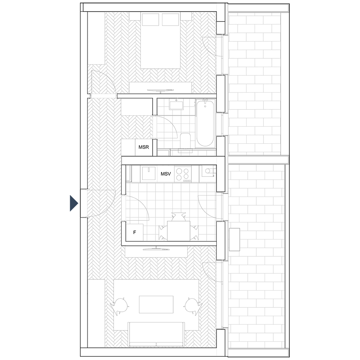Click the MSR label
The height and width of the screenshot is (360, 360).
tap(144, 147)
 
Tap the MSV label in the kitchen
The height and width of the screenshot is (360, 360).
tap(166, 174)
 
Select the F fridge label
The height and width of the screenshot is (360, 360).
tap(135, 233)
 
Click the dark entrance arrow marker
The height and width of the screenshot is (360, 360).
tap(74, 203)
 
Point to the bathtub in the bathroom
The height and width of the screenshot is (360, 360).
tap(205, 123)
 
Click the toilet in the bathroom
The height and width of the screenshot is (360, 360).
tap(185, 140)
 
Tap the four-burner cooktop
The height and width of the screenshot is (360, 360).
tap(183, 174)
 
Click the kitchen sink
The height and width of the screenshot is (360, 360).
tap(149, 174)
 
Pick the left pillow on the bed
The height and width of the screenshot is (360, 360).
tap(150, 20)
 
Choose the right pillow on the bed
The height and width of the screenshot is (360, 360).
tap(170, 20)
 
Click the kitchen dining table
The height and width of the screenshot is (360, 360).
tap(179, 231)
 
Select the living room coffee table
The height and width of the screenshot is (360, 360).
tap(156, 305)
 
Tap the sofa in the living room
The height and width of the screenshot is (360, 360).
tap(156, 334)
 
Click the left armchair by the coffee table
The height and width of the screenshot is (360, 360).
tap(120, 306)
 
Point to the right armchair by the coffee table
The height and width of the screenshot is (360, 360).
tap(193, 306)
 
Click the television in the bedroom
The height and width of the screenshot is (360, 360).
tap(160, 90)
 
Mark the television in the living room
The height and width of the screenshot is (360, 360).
tap(156, 249)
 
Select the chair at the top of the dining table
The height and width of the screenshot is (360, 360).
tap(179, 217)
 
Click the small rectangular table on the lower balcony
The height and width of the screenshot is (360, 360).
tap(234, 239)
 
